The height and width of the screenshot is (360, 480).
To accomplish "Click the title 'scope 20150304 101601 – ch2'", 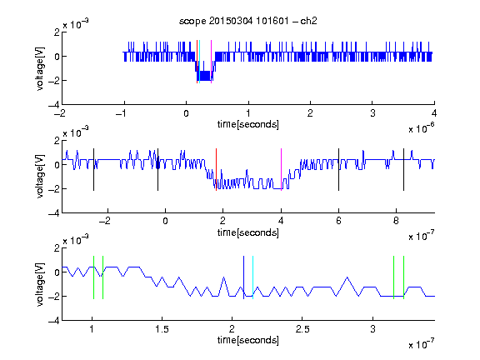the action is [248, 21].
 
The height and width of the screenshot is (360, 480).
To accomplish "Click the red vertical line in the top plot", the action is [197, 62].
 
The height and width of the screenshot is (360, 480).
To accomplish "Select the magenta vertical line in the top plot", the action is [211, 62].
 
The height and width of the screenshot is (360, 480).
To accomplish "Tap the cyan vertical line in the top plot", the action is [200, 62].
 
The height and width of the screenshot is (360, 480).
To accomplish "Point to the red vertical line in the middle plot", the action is [216, 170].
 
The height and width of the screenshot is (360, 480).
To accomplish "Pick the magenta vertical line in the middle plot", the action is [282, 170].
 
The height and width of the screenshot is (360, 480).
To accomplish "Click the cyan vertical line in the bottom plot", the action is [252, 277].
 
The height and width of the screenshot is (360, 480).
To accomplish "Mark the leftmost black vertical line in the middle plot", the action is [93, 170].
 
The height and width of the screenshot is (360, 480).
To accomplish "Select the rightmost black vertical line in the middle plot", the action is [403, 170].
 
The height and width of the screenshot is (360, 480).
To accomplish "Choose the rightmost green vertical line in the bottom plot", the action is [404, 277].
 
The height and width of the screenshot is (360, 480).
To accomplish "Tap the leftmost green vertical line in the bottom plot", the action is [93, 277].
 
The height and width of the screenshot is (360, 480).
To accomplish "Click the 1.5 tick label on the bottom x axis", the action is [162, 329].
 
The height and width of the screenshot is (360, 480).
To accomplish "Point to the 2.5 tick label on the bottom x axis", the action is [302, 329].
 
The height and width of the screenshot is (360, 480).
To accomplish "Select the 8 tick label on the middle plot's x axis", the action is [396, 221].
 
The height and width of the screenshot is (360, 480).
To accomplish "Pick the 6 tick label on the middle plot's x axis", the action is [338, 221].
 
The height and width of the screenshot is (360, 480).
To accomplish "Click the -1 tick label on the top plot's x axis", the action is [121, 113].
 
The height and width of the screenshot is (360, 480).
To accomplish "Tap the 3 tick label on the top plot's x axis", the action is [372, 113].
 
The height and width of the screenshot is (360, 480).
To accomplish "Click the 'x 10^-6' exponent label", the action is [422, 127].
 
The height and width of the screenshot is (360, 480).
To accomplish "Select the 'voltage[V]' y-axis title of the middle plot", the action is [40, 177].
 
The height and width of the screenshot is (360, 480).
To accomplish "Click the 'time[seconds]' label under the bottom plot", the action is [248, 340].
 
